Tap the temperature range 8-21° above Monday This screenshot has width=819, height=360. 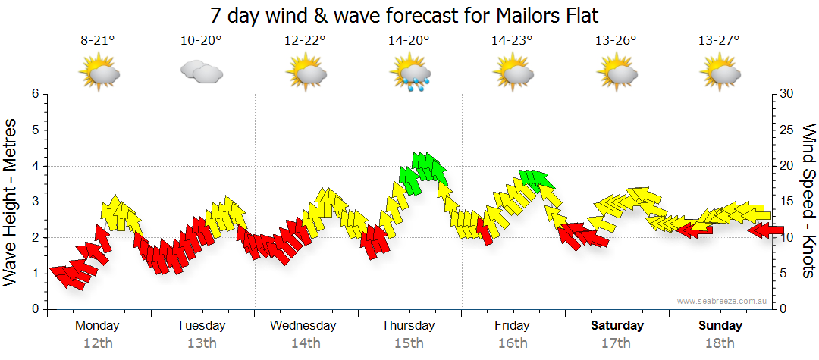point(98,42)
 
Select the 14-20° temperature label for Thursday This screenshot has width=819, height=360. point(409,42)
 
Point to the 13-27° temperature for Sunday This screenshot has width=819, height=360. point(719,42)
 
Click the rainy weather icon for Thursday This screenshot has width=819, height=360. point(410,74)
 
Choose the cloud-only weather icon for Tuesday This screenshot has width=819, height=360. point(202,72)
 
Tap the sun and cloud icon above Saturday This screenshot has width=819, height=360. point(617,74)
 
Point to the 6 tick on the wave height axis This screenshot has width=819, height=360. point(34,94)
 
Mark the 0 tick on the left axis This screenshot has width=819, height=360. point(34,309)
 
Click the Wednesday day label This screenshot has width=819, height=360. point(303,326)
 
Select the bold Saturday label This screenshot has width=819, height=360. point(617,326)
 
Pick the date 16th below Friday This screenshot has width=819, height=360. point(513,343)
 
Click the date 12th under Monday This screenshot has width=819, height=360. point(98,343)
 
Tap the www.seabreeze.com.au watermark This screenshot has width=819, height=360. point(723,301)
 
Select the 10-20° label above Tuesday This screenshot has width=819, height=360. point(202,42)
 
